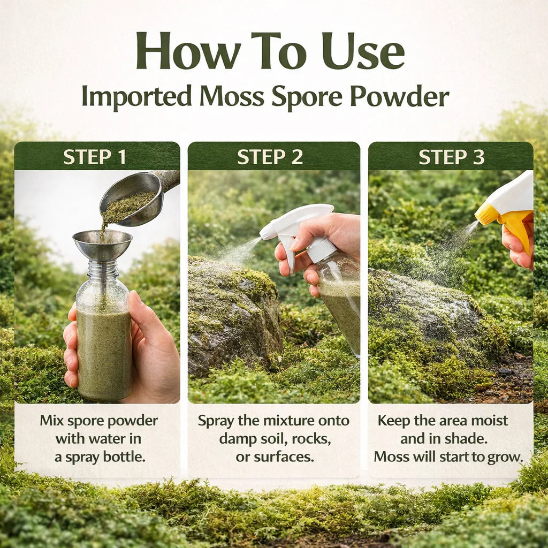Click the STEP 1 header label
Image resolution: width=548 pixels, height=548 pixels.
95,157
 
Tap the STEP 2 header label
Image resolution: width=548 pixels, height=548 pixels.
270,157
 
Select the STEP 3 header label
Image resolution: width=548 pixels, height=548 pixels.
451,157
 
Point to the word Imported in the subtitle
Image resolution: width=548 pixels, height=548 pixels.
136,96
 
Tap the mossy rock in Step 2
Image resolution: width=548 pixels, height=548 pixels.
233,316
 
